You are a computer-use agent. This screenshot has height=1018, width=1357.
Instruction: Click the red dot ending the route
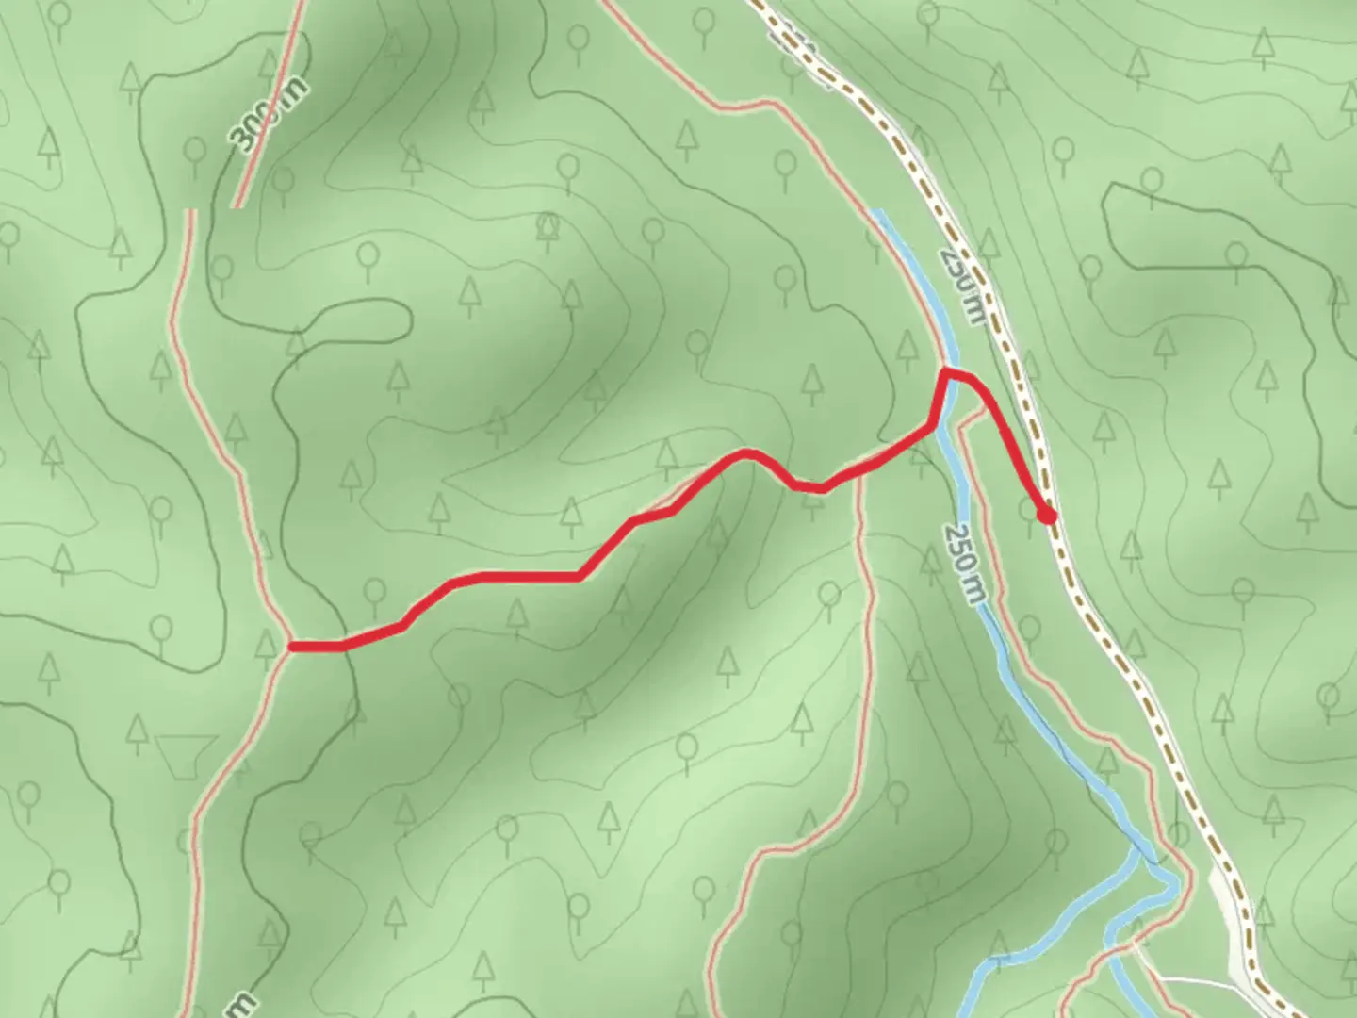coord(1045,516)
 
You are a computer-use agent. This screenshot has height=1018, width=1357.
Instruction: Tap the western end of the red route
coord(292,647)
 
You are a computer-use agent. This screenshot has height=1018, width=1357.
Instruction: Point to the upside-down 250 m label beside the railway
coord(961,287)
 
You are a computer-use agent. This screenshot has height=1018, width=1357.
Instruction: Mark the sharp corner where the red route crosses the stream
coord(945,375)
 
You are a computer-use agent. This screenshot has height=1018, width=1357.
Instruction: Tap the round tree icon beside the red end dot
coord(1029,509)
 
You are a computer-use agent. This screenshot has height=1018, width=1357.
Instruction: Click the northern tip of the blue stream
coord(877,213)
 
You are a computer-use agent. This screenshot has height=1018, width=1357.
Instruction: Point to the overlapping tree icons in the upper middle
coord(548,226)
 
